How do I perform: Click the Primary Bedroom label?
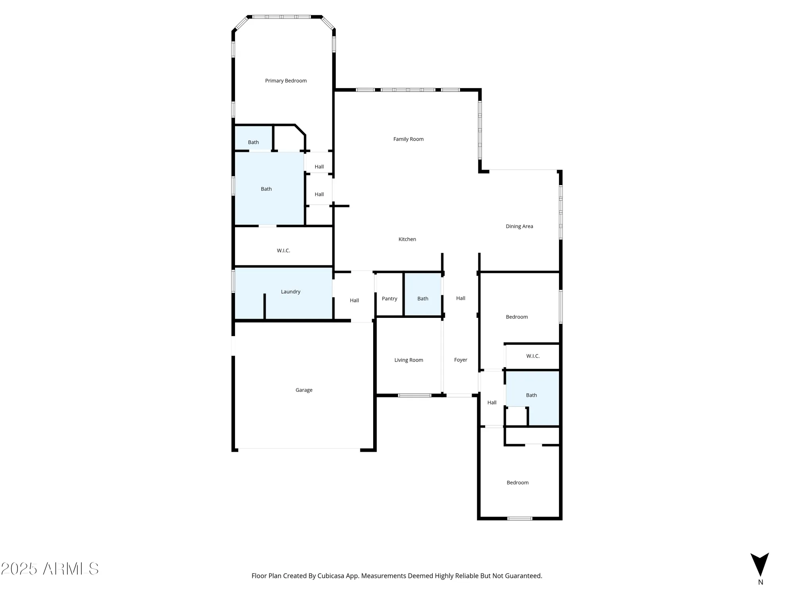coord(286,81)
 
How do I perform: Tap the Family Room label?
coord(408,139)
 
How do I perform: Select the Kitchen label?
coord(407,239)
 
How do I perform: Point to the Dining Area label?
coord(519,226)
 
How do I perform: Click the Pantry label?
coord(389,299)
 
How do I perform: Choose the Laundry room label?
coord(290,292)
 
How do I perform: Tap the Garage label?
coord(304,390)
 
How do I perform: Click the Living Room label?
coord(409,360)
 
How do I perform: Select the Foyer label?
coord(461,360)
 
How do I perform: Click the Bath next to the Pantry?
coord(422,299)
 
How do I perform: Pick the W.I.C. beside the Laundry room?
coord(283,251)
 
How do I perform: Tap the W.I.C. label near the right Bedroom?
coord(532,356)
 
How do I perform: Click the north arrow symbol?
coord(759,565)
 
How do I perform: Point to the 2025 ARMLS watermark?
coord(50,569)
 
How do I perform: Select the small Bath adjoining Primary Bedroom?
coord(253,142)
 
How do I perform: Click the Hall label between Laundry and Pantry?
coord(354,300)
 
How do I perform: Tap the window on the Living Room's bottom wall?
coord(414,395)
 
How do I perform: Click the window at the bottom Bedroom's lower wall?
coord(520,518)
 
